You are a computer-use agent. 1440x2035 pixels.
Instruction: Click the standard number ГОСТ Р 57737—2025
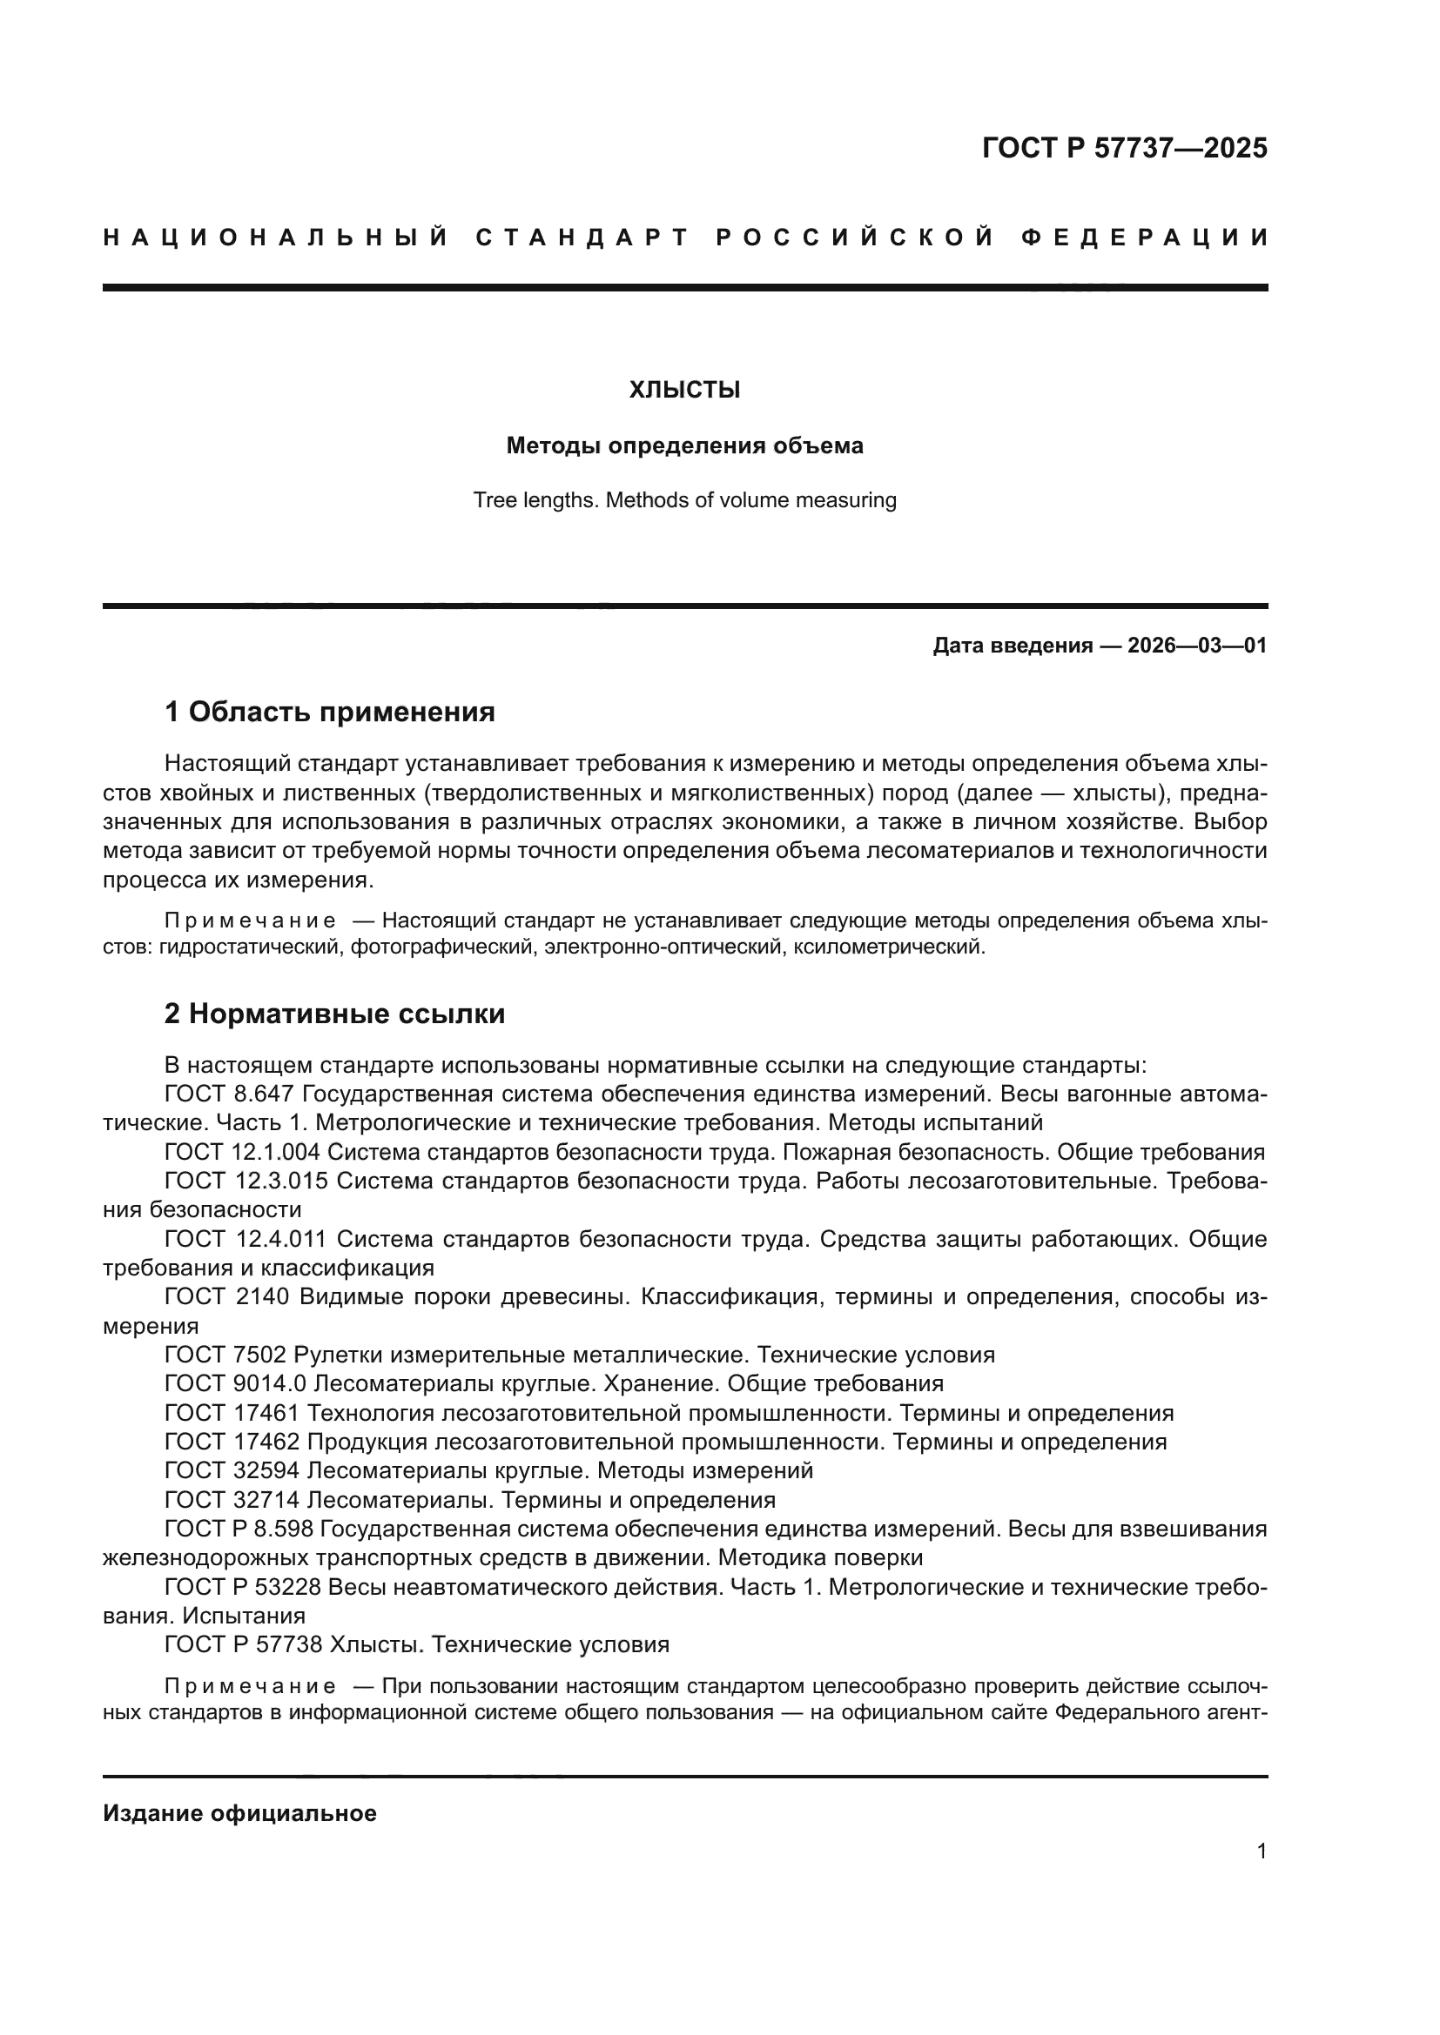coord(1124,148)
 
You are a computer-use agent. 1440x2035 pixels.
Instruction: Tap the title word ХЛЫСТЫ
coord(684,390)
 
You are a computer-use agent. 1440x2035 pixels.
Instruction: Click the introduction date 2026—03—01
coord(1197,646)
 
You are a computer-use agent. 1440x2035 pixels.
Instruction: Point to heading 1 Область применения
coord(329,711)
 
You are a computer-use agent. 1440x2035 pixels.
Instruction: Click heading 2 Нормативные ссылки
coord(334,1013)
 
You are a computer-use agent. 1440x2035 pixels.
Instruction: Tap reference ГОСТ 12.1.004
coord(246,1152)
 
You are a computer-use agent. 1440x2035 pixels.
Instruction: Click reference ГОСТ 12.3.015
coord(246,1181)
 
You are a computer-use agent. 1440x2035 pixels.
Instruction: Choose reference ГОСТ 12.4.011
coord(246,1238)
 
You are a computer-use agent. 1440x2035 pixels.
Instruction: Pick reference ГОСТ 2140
coord(227,1296)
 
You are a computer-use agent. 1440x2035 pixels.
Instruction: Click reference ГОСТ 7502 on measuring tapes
coord(227,1355)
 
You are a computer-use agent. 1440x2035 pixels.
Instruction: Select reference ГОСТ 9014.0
coord(235,1382)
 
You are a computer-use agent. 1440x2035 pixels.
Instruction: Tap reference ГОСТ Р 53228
coord(244,1587)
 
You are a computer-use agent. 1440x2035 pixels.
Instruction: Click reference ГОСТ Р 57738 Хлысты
coord(244,1644)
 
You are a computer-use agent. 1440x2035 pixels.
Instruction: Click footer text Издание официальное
coord(239,1813)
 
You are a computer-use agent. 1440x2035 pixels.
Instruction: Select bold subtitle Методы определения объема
coord(684,445)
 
